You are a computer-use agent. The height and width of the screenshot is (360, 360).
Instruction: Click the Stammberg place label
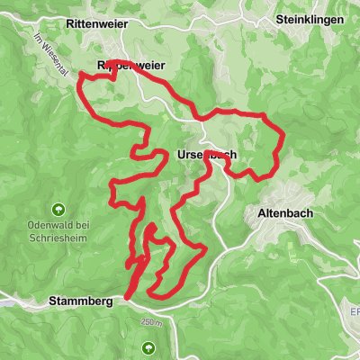[82, 301]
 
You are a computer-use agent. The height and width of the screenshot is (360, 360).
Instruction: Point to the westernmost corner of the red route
[80, 80]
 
